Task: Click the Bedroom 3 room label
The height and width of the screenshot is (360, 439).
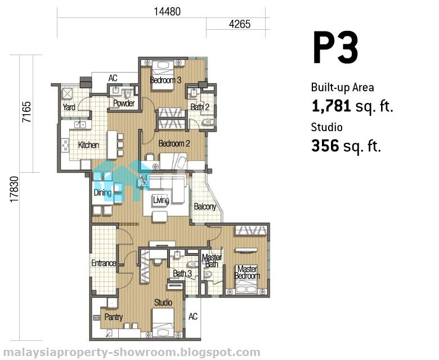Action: pos(165,80)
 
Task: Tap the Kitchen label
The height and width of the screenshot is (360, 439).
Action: pos(88,145)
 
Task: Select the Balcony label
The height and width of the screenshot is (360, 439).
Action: pos(205,206)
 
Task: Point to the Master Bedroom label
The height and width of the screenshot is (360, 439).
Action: pos(247,272)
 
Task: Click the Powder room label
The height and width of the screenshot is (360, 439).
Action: pos(124,103)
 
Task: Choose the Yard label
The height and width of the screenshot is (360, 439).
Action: pos(69,107)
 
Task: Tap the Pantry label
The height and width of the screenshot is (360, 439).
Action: pos(113,317)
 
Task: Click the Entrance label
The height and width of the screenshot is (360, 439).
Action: pos(104,263)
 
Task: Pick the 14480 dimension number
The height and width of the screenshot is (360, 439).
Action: pos(167,11)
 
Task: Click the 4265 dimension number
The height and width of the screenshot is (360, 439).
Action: pos(240,24)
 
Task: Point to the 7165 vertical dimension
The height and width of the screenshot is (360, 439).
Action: pos(27,112)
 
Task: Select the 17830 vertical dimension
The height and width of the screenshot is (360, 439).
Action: pos(14,190)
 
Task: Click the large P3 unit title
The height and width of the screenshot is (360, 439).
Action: pos(335,48)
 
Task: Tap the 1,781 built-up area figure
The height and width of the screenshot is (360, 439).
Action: pos(331,106)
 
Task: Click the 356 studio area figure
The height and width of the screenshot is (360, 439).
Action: pos(325,146)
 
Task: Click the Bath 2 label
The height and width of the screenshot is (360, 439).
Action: pos(200,107)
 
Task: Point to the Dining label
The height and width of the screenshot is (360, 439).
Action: pos(102,192)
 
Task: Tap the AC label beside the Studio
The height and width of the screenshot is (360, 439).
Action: pos(193,316)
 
